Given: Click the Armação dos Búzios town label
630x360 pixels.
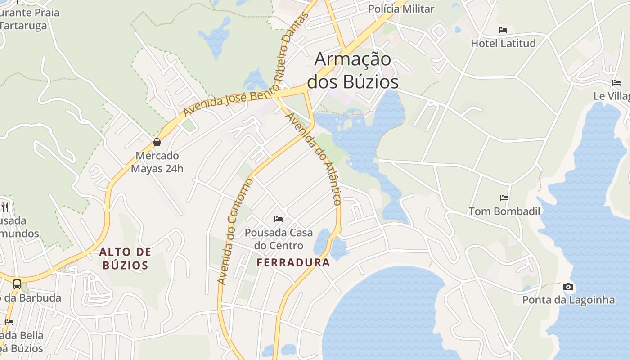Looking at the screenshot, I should tap(352, 71).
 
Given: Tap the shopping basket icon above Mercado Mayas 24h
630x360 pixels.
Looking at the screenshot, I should tap(157, 143).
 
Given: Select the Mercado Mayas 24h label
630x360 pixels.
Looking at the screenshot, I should tap(157, 162).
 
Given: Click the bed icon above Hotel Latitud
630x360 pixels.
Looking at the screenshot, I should tap(503, 30).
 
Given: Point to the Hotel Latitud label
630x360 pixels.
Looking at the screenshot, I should tap(503, 43).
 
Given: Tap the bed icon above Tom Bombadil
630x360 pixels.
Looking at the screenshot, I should tap(504, 198).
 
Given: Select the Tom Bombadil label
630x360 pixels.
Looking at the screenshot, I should tap(504, 211).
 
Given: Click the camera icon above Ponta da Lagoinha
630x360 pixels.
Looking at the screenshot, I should tap(568, 287).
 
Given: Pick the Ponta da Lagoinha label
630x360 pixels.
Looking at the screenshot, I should tap(568, 300).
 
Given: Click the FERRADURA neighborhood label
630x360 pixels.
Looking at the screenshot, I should tap(293, 262).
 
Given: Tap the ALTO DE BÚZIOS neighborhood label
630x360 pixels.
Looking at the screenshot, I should tap(125, 258).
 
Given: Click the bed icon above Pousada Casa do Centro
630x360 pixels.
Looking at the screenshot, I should tap(279, 219).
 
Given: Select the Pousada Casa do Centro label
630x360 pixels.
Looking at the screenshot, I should tap(279, 239).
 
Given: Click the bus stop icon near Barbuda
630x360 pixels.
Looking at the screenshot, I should tap(17, 284).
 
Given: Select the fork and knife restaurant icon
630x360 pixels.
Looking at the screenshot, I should tap(5, 207).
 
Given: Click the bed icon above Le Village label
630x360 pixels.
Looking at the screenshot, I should tap(616, 83).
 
